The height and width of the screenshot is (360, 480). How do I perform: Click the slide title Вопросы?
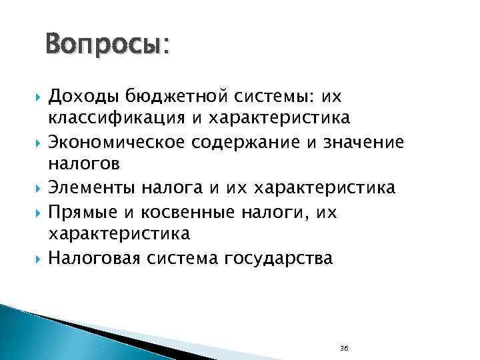107,46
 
